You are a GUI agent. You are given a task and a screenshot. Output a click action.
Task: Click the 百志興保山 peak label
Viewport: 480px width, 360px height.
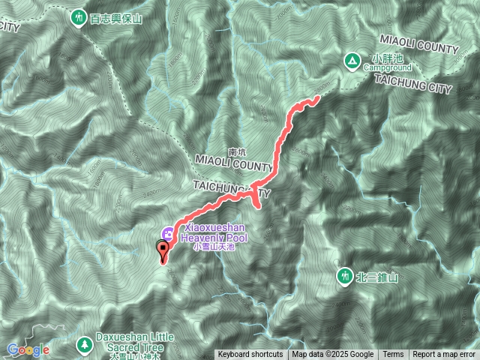(115, 19)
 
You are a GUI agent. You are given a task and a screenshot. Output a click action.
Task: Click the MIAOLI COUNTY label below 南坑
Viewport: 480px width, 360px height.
(233, 162)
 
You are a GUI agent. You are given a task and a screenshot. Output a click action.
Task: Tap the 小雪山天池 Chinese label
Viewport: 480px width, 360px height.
(214, 246)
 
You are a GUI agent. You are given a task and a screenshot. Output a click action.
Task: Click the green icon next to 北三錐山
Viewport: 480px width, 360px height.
(345, 276)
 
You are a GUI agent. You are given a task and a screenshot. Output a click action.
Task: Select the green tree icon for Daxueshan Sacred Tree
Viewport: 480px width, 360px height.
(83, 343)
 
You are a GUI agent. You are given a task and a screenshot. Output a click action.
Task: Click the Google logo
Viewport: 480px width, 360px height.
(28, 349)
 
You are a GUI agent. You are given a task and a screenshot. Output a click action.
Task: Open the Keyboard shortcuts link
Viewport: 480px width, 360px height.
(250, 355)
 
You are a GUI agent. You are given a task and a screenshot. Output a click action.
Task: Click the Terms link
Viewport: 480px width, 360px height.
(393, 355)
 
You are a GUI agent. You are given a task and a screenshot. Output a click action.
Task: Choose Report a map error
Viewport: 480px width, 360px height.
(444, 355)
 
